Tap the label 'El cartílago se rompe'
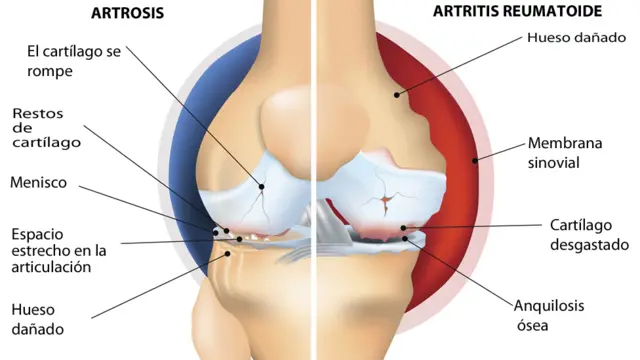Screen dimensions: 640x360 [74, 60]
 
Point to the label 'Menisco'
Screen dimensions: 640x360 [39, 182]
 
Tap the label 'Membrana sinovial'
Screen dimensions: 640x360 [568, 152]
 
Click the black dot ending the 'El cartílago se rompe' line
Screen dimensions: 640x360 [263, 185]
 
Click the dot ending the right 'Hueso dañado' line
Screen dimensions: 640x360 [397, 95]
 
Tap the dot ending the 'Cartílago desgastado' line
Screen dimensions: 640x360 [404, 229]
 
